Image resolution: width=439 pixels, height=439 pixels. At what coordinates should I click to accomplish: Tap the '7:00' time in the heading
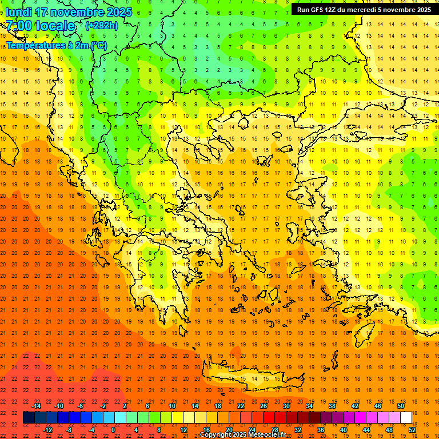(x=19, y=26)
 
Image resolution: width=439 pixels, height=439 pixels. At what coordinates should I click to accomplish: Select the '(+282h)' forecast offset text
(x=102, y=26)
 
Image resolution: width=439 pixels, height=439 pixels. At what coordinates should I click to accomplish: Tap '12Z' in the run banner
(x=331, y=10)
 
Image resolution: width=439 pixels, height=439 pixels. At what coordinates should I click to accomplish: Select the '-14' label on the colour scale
(x=37, y=406)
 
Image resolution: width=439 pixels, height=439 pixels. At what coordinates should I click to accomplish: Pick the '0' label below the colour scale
(x=113, y=429)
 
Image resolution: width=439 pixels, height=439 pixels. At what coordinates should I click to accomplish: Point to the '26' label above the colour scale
(x=264, y=406)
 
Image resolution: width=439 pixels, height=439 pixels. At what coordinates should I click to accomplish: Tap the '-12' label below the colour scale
(x=48, y=429)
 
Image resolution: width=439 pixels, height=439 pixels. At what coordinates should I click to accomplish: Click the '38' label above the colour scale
(x=332, y=406)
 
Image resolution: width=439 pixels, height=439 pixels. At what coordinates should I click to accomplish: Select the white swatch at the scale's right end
(x=406, y=418)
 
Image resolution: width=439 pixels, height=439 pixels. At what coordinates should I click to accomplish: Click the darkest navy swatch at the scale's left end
(x=29, y=418)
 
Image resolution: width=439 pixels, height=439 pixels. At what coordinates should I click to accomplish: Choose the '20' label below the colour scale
(x=229, y=429)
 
